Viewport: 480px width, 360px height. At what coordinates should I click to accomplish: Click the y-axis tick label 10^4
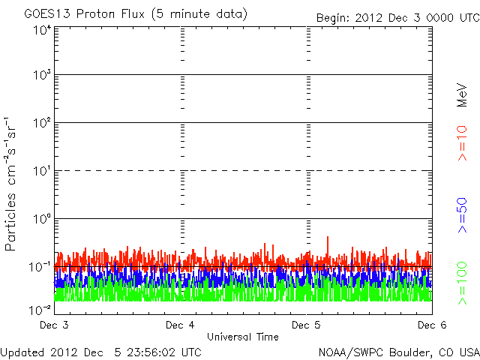coord(42,31)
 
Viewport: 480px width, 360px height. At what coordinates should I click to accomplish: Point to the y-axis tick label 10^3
coord(42,76)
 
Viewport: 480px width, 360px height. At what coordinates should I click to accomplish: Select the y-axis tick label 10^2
coord(42,124)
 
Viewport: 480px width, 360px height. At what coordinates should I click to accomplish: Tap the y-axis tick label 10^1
coord(42,172)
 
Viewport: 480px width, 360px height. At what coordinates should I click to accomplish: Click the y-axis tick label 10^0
coord(42,220)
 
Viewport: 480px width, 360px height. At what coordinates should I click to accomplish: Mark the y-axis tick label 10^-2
coord(40,309)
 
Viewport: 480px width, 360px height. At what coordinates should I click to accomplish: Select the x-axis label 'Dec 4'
coord(180,325)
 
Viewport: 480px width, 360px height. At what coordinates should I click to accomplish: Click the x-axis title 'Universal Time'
coord(243,337)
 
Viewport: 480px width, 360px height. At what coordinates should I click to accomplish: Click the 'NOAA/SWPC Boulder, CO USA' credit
coord(398,352)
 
